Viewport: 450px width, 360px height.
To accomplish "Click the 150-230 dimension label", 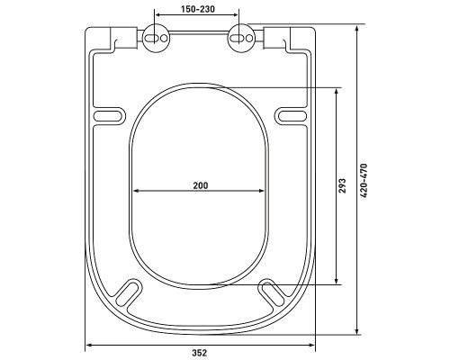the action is tap(198, 9).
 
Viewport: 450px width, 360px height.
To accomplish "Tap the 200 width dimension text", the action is tap(200, 185).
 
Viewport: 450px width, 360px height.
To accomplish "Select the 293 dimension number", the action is tap(343, 185).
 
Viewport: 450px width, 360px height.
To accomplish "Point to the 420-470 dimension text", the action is tap(364, 180).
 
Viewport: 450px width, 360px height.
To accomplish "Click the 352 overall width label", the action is tap(199, 353).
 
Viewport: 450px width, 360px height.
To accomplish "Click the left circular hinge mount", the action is tap(156, 39).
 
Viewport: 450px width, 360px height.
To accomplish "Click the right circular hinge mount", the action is tap(242, 39).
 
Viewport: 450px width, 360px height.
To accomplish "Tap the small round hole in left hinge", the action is tap(164, 39).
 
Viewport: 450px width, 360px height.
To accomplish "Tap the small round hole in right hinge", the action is tap(249, 39).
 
